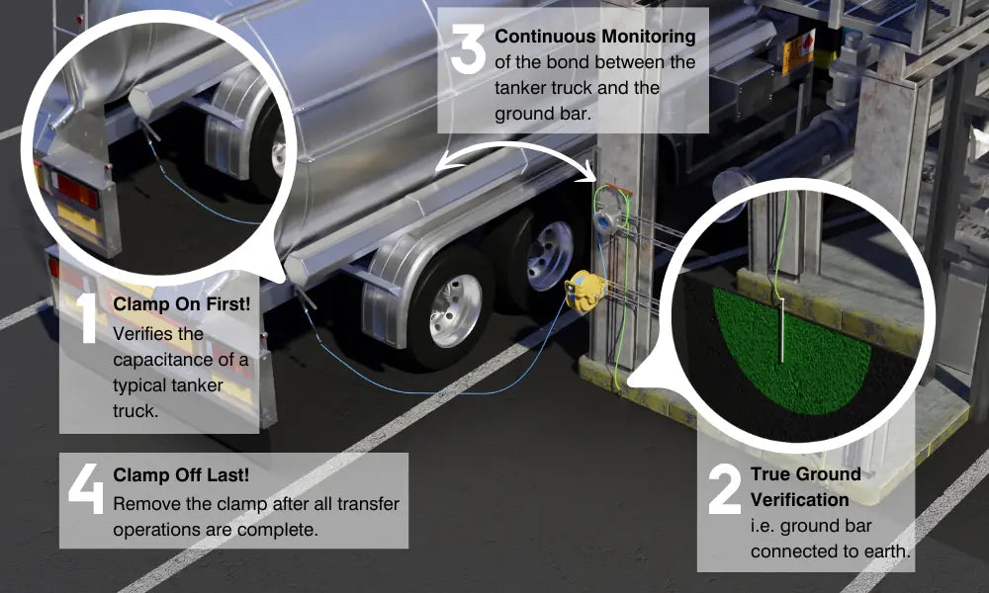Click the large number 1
(88, 318)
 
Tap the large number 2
(725, 490)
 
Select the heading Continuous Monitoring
(594, 37)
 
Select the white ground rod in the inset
(780, 331)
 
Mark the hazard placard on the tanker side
(798, 51)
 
